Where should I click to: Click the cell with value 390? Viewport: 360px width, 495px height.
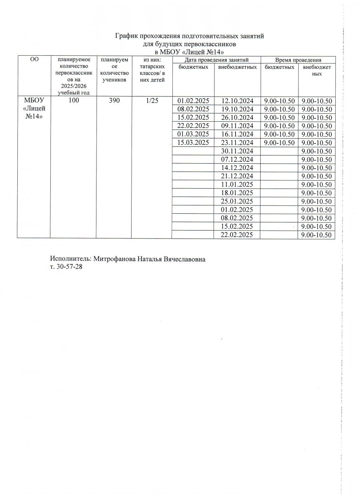coord(114,101)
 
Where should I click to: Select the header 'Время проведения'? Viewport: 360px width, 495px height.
coord(298,60)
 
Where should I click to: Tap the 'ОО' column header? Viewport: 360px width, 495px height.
coord(35,60)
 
